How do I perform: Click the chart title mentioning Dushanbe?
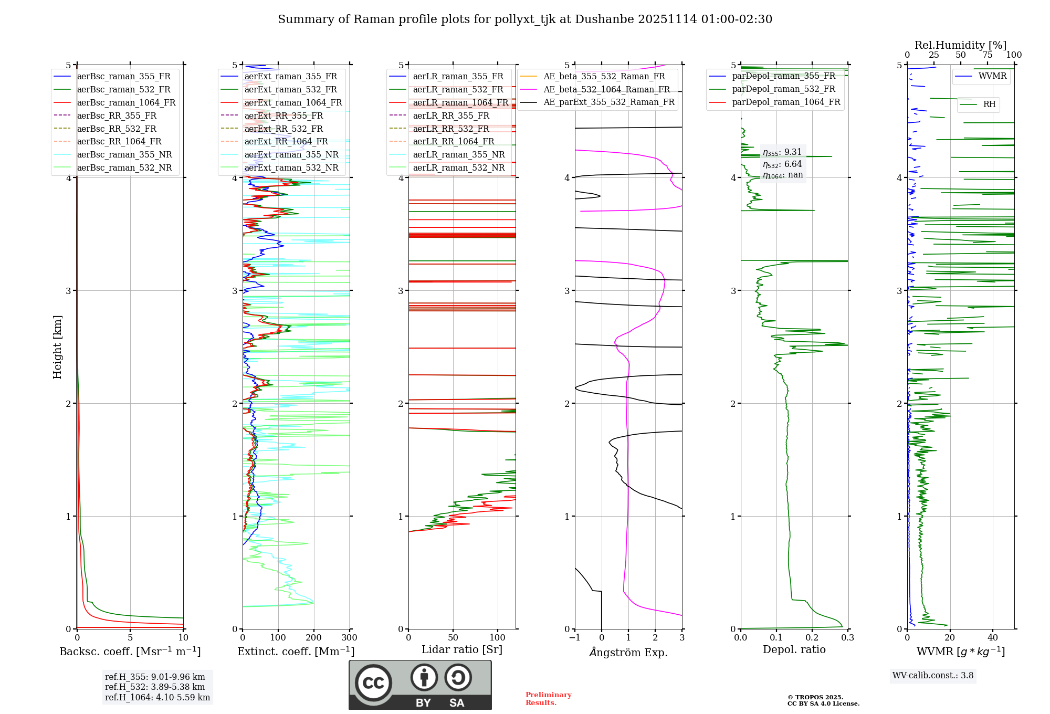[525, 19]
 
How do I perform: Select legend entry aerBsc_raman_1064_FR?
[126, 103]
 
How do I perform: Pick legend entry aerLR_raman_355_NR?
[458, 155]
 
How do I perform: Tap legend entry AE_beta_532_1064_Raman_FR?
[606, 90]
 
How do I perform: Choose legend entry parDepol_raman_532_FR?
[783, 89]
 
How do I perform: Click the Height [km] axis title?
[57, 346]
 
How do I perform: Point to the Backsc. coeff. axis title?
[130, 652]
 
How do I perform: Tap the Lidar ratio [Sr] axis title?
[462, 649]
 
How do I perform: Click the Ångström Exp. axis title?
[628, 653]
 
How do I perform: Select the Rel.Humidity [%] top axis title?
[960, 45]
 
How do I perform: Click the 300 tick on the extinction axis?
[349, 638]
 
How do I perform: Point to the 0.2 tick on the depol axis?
[812, 638]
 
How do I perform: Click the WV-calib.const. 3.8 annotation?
[933, 676]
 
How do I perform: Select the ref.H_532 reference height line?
[155, 687]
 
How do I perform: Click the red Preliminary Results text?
[548, 699]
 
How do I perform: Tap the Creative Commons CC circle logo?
[373, 682]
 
